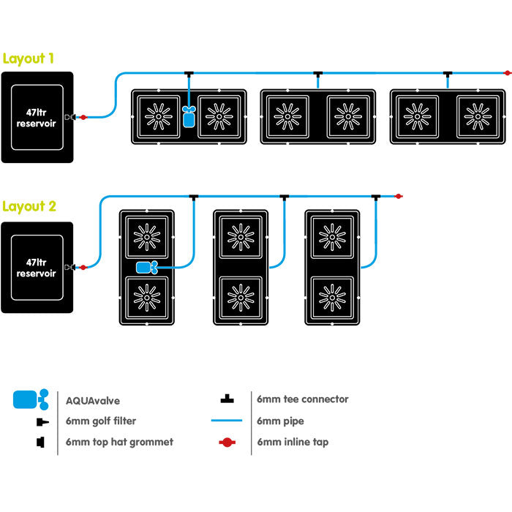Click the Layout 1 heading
pyautogui.click(x=28, y=59)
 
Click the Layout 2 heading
pyautogui.click(x=29, y=206)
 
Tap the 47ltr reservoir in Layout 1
pyautogui.click(x=37, y=117)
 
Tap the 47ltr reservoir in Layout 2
pyautogui.click(x=37, y=267)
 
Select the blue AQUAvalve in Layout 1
pyautogui.click(x=189, y=116)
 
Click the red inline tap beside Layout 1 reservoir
pyautogui.click(x=83, y=117)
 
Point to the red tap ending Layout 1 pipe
pyautogui.click(x=507, y=73)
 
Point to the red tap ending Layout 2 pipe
pyautogui.click(x=399, y=196)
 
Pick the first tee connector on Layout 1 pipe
pyautogui.click(x=189, y=74)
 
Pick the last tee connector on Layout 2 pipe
pyautogui.click(x=375, y=197)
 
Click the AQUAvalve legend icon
pyautogui.click(x=31, y=399)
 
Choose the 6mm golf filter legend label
pyautogui.click(x=99, y=421)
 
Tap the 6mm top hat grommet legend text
pyautogui.click(x=119, y=442)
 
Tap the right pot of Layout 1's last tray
pyautogui.click(x=478, y=116)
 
